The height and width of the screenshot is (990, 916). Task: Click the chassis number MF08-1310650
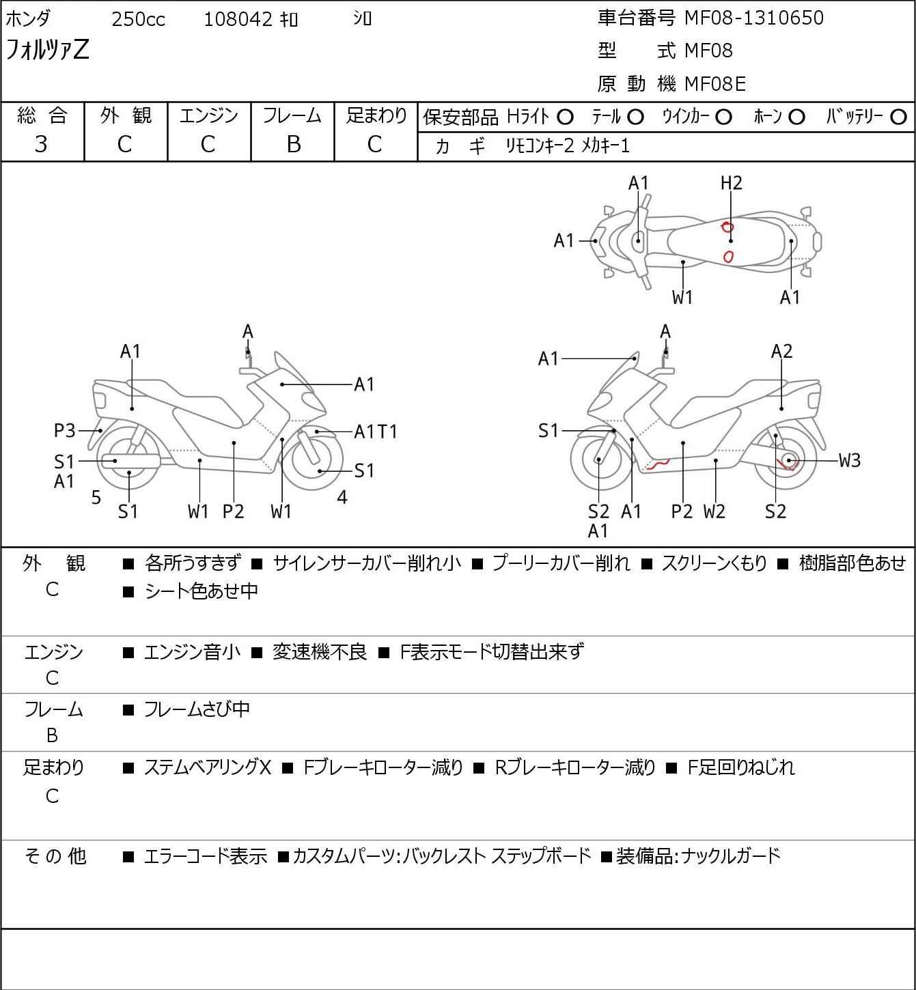tap(753, 18)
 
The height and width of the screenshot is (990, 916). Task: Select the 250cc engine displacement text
tap(138, 19)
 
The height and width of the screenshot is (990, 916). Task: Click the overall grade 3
tap(41, 144)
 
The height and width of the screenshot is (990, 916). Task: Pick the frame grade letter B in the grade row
tap(293, 144)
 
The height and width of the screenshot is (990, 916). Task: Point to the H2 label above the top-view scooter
tap(731, 183)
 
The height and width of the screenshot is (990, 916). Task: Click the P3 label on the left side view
tap(65, 431)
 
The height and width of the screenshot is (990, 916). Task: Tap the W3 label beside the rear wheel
tap(850, 461)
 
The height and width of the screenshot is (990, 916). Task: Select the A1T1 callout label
tap(376, 432)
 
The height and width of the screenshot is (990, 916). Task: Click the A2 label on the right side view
tap(781, 352)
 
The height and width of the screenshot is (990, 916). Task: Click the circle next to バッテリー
tap(899, 117)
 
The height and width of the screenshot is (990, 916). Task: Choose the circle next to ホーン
tap(796, 117)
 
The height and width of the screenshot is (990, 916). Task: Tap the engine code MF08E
tap(714, 84)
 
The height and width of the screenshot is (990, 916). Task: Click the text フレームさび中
tap(197, 710)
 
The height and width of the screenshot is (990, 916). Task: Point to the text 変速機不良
tap(320, 652)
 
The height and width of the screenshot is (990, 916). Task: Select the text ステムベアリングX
tap(208, 767)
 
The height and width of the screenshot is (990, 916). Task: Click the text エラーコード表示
tap(205, 856)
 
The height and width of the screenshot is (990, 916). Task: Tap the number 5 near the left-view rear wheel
tap(96, 498)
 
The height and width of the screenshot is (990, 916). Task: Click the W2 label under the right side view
tap(714, 511)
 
